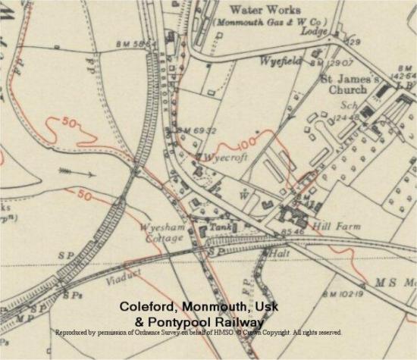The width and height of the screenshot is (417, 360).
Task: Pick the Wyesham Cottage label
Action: click(161, 233)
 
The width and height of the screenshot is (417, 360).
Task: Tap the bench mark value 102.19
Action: click(349, 294)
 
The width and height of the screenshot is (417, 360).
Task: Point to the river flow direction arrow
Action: click(80, 174)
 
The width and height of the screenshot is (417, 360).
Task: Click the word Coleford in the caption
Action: click(146, 306)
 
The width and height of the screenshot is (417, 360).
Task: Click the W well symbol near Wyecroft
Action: click(243, 193)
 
